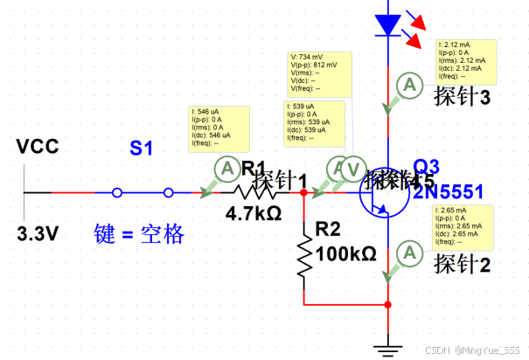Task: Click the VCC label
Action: [x=38, y=147]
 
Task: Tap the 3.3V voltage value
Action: [x=38, y=233]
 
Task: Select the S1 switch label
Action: [x=142, y=149]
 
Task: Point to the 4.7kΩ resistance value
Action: [x=254, y=212]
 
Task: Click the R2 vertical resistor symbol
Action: [x=303, y=253]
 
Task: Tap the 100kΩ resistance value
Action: [x=345, y=253]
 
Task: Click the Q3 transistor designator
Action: [x=427, y=165]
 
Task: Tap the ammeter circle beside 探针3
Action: [x=407, y=85]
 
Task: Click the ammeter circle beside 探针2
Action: [x=407, y=253]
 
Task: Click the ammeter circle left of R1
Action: [x=225, y=167]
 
